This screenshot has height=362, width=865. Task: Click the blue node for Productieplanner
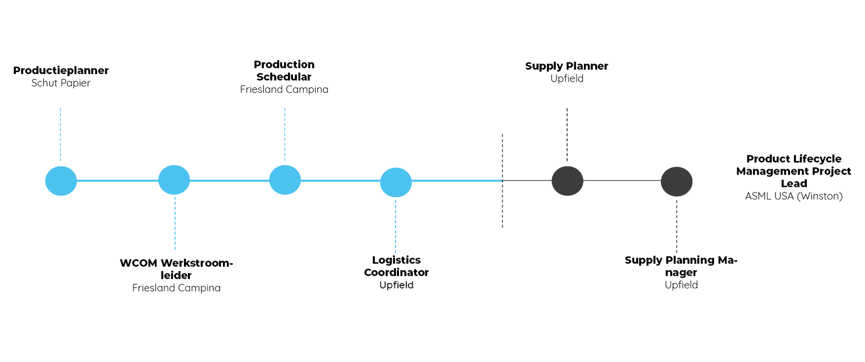point(61,181)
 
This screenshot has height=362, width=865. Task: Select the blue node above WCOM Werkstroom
point(174,180)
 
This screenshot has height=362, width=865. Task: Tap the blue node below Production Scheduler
point(285,180)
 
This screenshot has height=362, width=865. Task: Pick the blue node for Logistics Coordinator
point(395,182)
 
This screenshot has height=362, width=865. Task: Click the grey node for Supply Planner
point(567,181)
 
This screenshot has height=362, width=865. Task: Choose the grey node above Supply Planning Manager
point(676,182)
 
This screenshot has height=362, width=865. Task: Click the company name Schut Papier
point(61,83)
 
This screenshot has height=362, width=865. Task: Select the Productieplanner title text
point(62,70)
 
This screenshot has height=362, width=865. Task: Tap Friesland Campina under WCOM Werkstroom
point(176,288)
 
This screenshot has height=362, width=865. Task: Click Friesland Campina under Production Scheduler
point(284,89)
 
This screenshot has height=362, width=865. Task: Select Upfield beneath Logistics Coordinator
point(396,285)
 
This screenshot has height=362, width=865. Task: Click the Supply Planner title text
point(567,66)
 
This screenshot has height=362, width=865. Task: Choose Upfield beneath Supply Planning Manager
point(680,285)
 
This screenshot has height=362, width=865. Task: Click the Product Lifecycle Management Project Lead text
point(794,171)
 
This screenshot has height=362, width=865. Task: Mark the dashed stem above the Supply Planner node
point(567,135)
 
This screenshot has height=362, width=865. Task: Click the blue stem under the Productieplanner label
point(61,135)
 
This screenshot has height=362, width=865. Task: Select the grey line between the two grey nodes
point(622,181)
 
